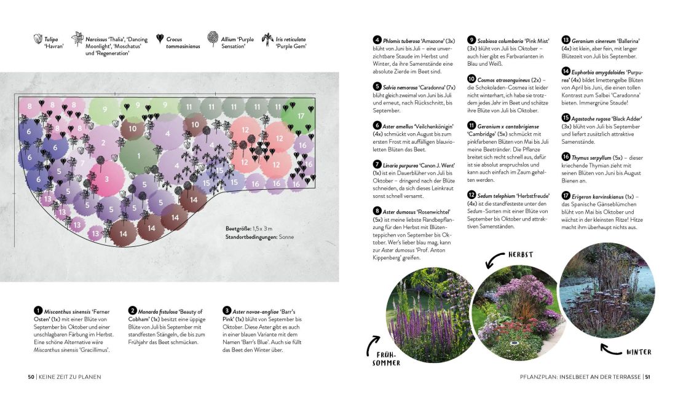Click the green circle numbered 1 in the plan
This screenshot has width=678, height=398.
(138, 155)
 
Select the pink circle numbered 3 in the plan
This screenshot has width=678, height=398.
(106, 179)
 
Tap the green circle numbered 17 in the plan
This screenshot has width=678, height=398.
(301, 115)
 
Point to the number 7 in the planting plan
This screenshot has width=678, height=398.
(82, 163)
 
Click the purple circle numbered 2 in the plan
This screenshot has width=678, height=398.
(103, 143)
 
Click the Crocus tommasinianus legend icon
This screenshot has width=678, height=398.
(160, 39)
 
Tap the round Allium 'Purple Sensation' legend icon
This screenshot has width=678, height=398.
(213, 39)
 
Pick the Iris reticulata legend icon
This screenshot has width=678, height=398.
(267, 39)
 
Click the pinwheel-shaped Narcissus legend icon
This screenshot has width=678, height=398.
(77, 39)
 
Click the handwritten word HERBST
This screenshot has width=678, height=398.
(520, 254)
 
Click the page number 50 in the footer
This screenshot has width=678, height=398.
(31, 377)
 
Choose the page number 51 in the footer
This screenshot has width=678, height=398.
(647, 377)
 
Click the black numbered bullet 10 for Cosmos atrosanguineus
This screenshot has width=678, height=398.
(471, 79)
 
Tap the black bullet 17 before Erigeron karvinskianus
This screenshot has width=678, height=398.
(566, 197)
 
